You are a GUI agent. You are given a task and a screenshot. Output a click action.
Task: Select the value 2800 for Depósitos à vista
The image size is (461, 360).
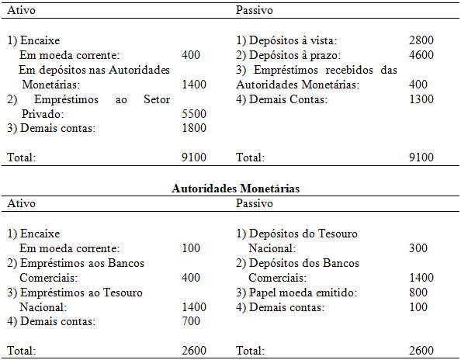[421, 40]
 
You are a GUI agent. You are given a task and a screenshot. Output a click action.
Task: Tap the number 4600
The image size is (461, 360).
[421, 55]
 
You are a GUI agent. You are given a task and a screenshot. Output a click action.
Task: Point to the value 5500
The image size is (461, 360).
[193, 114]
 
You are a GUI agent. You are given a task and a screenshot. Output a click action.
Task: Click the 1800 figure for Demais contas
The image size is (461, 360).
[193, 129]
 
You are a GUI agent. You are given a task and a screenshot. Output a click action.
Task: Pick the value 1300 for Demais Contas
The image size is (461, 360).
[421, 99]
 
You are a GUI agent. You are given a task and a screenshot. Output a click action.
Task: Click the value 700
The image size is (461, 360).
[191, 321]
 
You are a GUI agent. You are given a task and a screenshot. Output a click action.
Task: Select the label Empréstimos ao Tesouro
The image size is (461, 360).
[75, 292]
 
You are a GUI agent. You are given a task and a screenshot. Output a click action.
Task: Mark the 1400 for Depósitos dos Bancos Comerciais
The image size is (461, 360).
[421, 278]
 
